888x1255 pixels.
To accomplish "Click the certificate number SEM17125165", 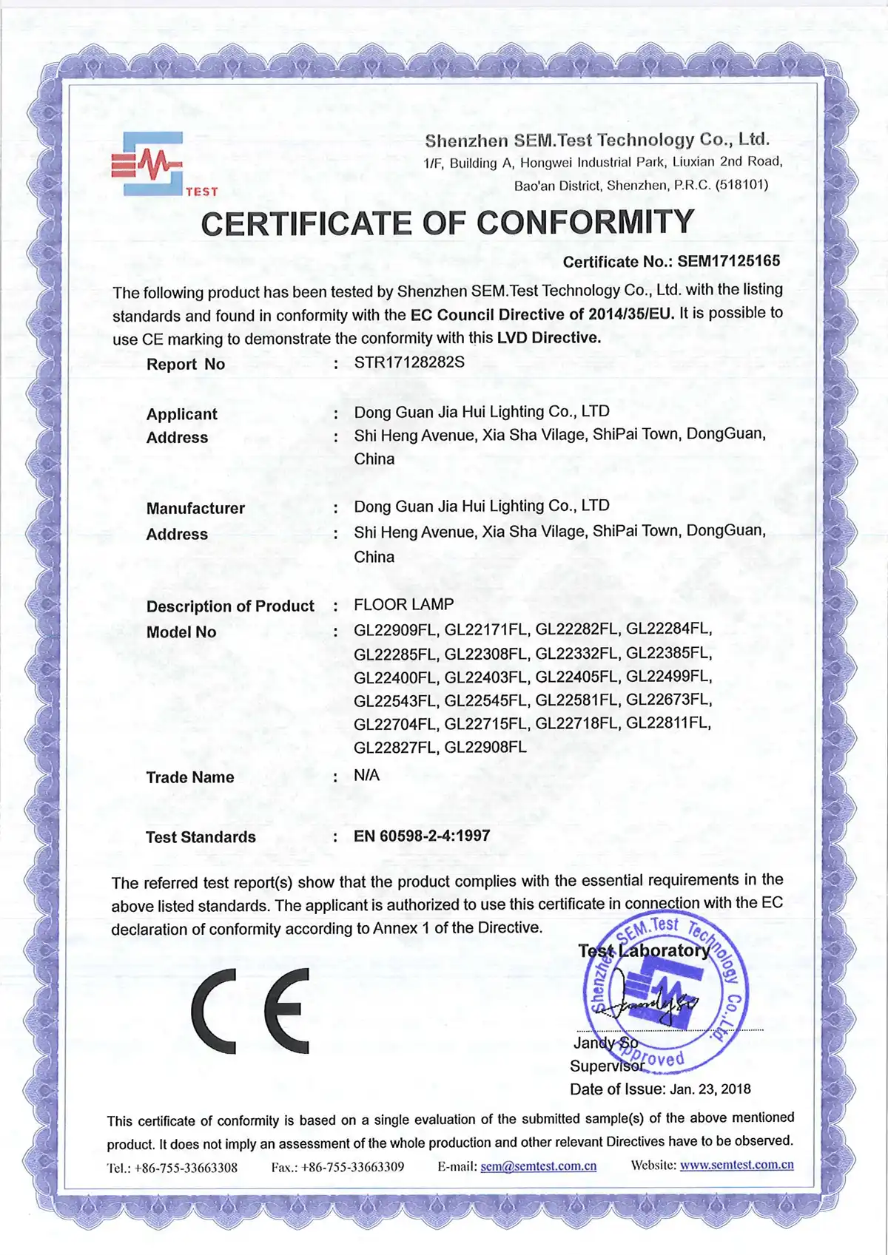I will point(728,261).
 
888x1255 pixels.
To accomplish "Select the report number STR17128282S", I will point(409,362).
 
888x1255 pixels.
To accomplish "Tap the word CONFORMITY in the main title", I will point(585,223).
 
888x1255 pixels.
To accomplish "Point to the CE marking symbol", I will point(250,1010).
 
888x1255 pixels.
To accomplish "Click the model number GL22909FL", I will point(395,630).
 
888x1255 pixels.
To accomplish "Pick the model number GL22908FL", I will point(485,747).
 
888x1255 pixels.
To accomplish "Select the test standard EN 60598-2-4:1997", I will point(422,836).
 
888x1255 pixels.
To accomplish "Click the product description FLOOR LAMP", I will point(403,604).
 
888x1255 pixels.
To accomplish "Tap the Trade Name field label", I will point(190,777).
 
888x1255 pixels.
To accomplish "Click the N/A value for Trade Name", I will point(366,775).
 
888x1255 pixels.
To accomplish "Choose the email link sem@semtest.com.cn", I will point(538,1166).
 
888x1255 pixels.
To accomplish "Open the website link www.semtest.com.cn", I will point(736,1165).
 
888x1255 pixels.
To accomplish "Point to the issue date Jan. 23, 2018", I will point(710,1089).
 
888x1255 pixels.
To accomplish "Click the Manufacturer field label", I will point(195,508).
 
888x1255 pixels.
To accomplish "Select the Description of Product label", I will point(230,606).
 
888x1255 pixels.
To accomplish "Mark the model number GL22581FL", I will point(576,700).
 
